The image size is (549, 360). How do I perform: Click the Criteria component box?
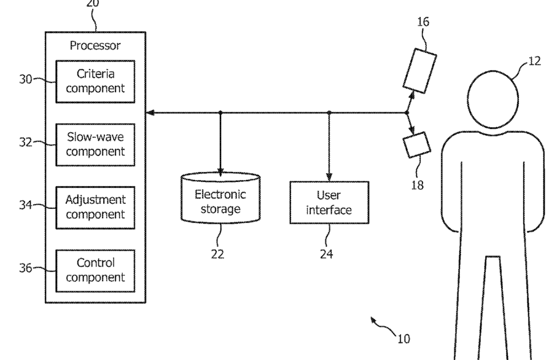coord(95,82)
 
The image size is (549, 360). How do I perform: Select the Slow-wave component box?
coord(95,144)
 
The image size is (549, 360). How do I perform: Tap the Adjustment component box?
coord(95,208)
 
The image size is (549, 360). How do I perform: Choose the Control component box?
coord(95,271)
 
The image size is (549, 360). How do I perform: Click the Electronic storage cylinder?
coord(220,198)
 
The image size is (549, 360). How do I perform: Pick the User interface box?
coord(329,202)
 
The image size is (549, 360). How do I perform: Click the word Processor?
coord(95,45)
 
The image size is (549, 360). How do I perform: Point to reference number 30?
coord(26,79)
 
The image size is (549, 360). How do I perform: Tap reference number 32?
coord(26,142)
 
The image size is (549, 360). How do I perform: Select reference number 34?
coord(26,205)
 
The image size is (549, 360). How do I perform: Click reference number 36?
coord(26,268)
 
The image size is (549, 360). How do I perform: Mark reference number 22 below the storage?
coord(217,254)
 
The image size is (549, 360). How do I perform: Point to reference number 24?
coord(326,254)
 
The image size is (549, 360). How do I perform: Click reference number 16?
coord(423,22)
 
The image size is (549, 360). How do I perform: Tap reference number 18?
coord(418,185)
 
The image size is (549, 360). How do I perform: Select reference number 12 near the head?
coord(534,61)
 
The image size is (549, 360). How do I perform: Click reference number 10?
coord(403,338)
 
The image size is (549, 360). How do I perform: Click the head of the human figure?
coord(493,99)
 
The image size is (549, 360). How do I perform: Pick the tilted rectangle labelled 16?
coord(419,71)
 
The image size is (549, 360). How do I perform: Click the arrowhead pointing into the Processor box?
coord(150,113)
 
